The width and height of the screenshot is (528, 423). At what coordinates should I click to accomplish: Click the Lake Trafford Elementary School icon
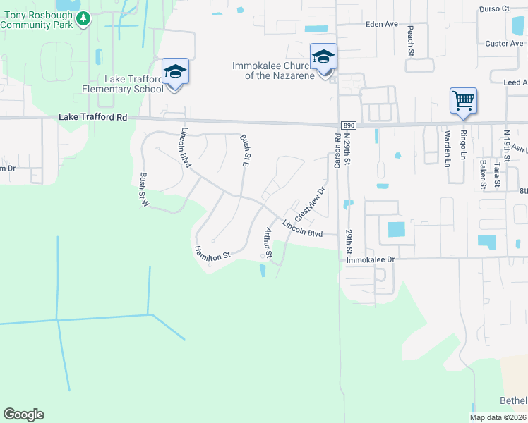175,73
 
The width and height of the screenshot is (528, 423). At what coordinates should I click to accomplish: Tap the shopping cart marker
463,101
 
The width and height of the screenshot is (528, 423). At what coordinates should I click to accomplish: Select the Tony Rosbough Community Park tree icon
84,18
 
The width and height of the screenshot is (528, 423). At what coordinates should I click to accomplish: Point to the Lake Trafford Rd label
92,118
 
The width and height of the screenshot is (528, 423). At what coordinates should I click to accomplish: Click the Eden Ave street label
382,24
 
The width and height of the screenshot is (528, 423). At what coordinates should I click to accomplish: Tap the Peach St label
409,40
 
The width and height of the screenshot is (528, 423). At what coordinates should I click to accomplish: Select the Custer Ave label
504,44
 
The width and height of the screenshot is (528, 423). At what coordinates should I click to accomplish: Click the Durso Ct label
493,9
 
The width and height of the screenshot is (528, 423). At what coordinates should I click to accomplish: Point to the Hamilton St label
212,252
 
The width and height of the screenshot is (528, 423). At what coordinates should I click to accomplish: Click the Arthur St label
268,242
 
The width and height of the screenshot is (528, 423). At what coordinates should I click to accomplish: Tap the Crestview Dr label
310,202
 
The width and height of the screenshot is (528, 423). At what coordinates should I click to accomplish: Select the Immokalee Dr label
369,260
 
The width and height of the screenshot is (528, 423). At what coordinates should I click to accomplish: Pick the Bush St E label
245,150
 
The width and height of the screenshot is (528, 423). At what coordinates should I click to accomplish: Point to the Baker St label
483,175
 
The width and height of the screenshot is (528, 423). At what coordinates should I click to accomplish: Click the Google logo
23,415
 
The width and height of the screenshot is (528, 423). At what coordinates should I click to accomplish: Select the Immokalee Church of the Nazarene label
273,70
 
